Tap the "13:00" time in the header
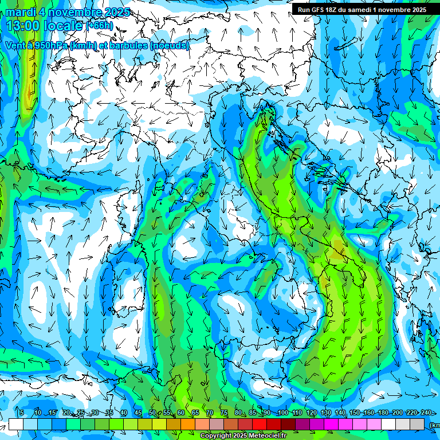coord(22,26)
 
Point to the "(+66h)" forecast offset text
coord(99,26)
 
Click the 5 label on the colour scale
coord(22,413)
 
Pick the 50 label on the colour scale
coord(152,413)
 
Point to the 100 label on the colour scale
coord(282,413)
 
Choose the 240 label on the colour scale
coord(426,413)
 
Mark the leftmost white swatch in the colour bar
coord(16,424)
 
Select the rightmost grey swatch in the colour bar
coord(417,424)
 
